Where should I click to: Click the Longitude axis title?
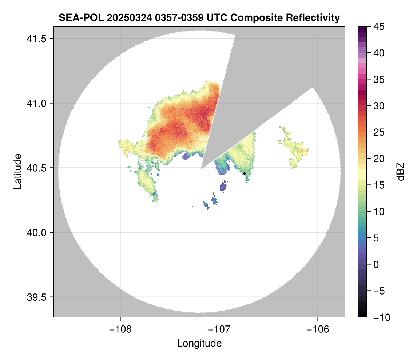tap(199, 343)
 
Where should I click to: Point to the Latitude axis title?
tap(17, 171)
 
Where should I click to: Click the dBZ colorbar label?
tap(401, 171)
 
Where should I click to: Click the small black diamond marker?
tap(244, 173)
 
